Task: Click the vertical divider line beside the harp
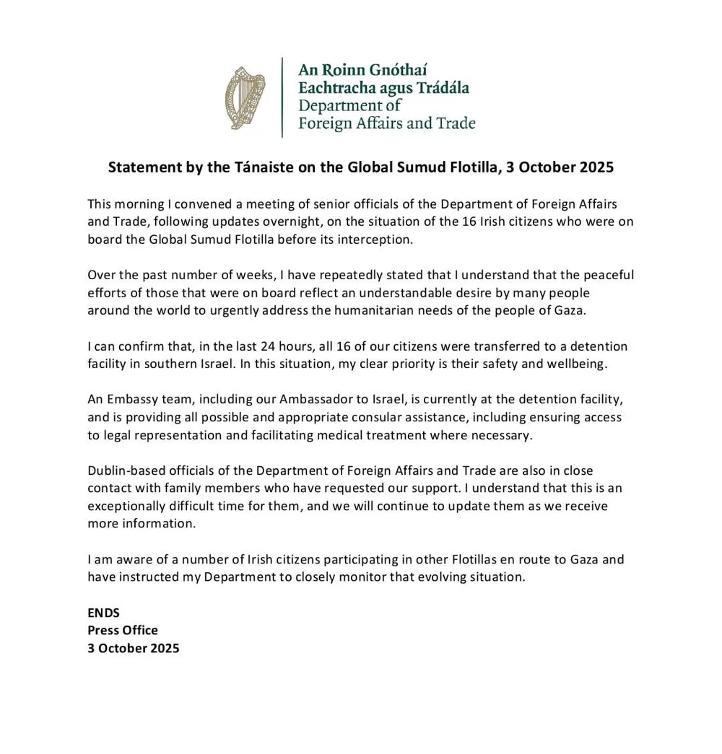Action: [282, 97]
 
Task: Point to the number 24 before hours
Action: [267, 346]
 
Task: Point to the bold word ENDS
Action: [103, 613]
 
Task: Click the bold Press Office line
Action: [123, 630]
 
